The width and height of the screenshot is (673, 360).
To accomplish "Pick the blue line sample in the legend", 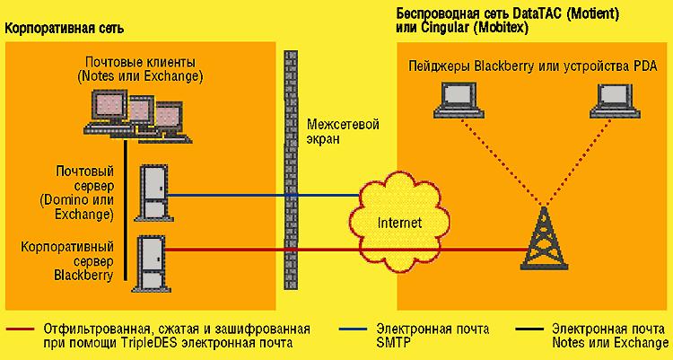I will click(355, 329).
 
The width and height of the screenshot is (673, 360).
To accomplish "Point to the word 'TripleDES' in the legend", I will click(135, 342).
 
